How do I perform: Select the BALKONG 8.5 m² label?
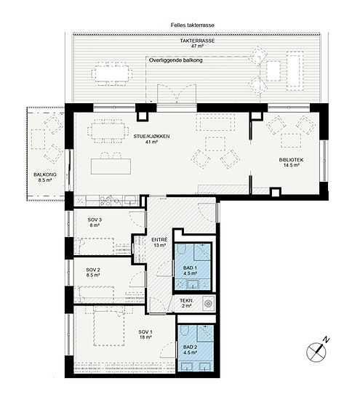click(x=45, y=177)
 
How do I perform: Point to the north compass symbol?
click(x=317, y=350)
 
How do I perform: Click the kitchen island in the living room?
click(x=111, y=166)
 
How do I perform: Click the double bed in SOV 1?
click(x=109, y=326)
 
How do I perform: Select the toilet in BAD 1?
click(x=181, y=250)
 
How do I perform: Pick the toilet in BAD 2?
click(x=184, y=331)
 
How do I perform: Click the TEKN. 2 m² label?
click(x=187, y=303)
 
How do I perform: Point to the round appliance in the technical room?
click(x=208, y=303)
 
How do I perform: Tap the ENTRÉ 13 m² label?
click(x=159, y=242)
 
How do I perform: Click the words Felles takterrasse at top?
click(x=193, y=25)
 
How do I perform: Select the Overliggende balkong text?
click(x=176, y=60)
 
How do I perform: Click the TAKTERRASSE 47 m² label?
click(x=197, y=43)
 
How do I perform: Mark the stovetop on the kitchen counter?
click(x=105, y=201)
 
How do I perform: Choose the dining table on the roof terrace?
click(x=112, y=73)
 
